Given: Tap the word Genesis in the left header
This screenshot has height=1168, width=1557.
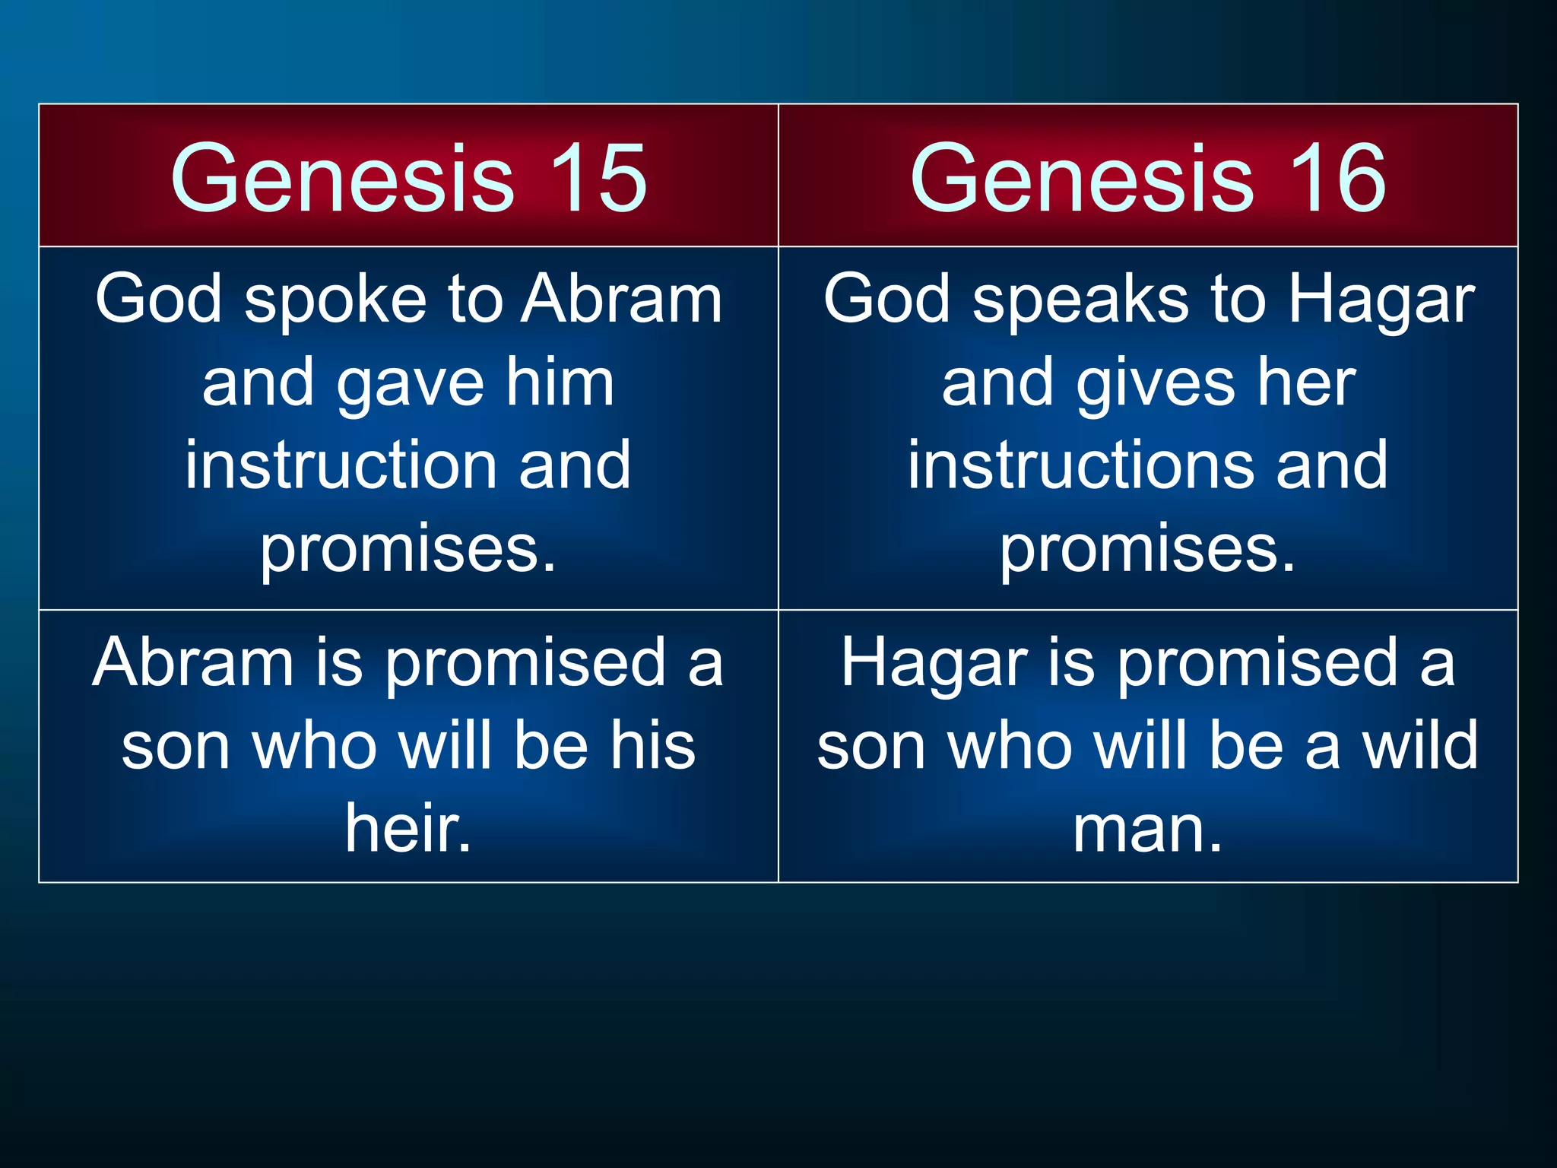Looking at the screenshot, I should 342,179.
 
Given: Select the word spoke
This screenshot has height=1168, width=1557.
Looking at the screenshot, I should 335,300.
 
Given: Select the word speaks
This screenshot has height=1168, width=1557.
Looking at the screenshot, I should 1080,300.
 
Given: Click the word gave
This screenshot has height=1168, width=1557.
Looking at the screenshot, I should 411,384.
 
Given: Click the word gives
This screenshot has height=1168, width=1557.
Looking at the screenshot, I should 1156,384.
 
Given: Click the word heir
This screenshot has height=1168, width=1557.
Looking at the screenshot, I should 408,828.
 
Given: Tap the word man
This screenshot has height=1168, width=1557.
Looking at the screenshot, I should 1147,830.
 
